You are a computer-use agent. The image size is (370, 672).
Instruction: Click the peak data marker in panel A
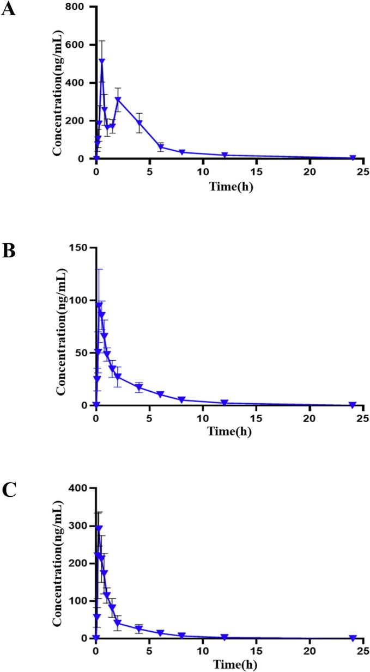pos(102,61)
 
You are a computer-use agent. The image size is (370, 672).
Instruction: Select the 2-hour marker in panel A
pos(118,100)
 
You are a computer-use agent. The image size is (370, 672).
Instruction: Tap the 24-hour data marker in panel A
pos(353,158)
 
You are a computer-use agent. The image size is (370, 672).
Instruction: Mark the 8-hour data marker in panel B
pos(181,400)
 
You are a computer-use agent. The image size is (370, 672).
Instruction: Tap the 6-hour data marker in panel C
pos(160,633)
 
